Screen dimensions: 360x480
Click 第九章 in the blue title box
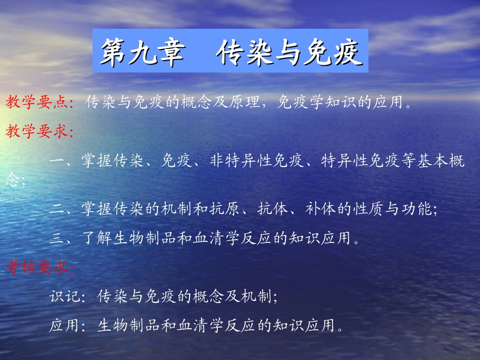pyautogui.click(x=141, y=53)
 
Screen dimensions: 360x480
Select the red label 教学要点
pyautogui.click(x=37, y=103)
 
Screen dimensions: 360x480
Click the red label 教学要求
pyautogui.click(x=37, y=132)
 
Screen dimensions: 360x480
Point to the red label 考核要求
pyautogui.click(x=37, y=268)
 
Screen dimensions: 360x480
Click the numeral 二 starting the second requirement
pyautogui.click(x=57, y=209)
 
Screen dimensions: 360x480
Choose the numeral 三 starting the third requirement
pyautogui.click(x=57, y=238)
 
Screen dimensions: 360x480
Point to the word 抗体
pyautogui.click(x=275, y=209)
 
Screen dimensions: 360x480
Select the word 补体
pyautogui.click(x=321, y=209)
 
